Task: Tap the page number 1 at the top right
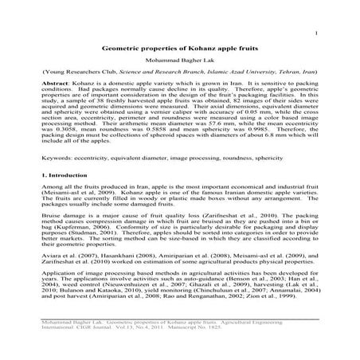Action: click(x=317, y=33)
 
